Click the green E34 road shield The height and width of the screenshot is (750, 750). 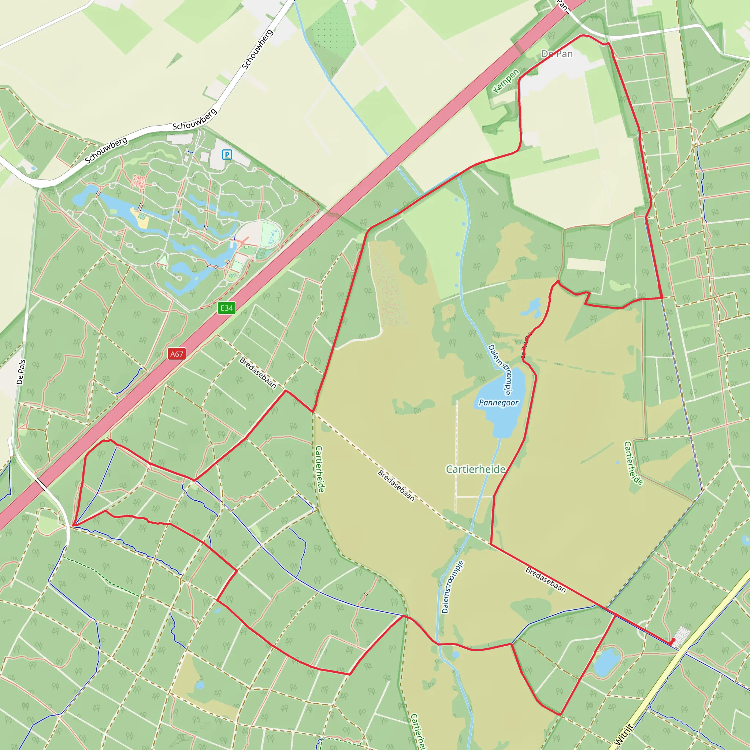click(227, 308)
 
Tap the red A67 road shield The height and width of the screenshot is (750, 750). click(177, 354)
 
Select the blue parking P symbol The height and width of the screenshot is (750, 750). click(227, 155)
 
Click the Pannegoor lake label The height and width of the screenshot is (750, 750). click(498, 402)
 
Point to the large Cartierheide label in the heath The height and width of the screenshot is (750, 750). click(476, 469)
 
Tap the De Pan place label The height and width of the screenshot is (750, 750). click(557, 54)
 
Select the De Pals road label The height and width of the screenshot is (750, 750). click(21, 372)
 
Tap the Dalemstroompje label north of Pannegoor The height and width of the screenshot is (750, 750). click(500, 369)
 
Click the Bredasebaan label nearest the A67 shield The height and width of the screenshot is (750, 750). click(258, 373)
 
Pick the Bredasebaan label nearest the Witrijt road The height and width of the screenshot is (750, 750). click(545, 580)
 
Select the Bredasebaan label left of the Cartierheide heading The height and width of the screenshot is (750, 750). click(396, 486)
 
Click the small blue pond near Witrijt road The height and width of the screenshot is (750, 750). click(607, 662)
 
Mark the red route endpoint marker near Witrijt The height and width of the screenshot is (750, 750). click(673, 641)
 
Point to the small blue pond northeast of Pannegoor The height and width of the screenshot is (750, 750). click(532, 307)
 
